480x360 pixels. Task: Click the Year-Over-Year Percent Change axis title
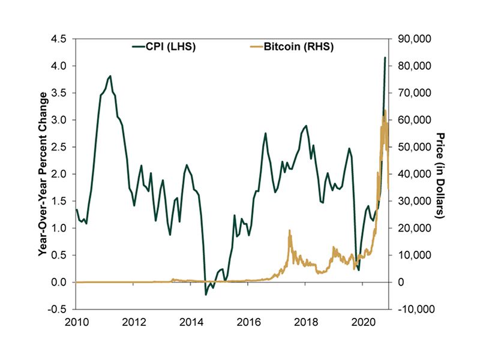coord(43,174)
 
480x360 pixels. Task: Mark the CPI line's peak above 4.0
coord(385,58)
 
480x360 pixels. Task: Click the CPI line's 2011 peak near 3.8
coord(110,76)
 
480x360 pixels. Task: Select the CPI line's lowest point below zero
coord(206,295)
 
